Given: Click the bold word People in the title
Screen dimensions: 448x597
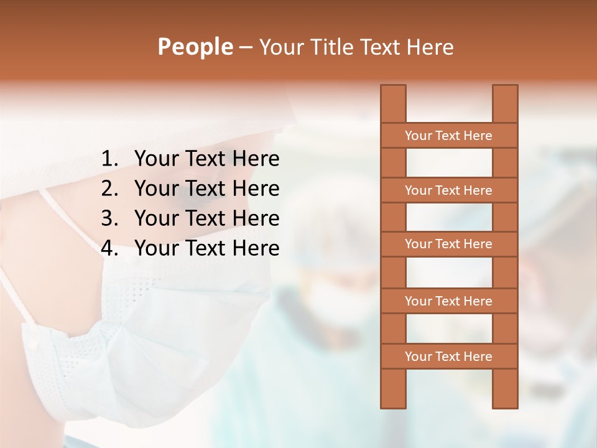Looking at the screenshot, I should (195, 47).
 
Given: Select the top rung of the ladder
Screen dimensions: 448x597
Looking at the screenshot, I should (448, 136).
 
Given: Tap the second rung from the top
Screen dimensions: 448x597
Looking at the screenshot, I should (448, 190).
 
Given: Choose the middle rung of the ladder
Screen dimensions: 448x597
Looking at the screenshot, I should (448, 245).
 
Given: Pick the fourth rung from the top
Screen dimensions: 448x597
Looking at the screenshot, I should (448, 301).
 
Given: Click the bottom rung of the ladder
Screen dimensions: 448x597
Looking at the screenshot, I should (448, 357).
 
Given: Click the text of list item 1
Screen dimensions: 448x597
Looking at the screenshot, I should (206, 159).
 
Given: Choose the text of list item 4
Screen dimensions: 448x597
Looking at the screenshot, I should (206, 248).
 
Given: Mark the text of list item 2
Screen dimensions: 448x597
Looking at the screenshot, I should (206, 189).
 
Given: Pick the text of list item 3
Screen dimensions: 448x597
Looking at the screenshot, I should (206, 218).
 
